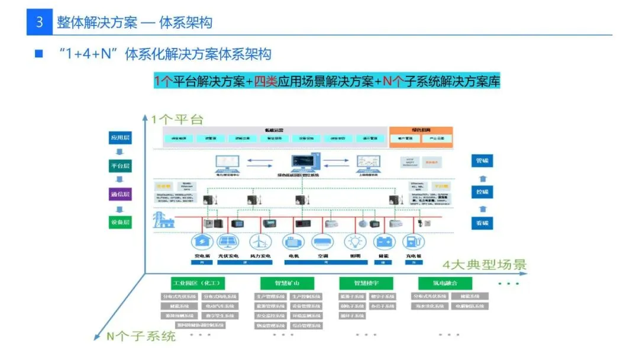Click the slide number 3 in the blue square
[x=40, y=22]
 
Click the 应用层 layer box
[x=120, y=138]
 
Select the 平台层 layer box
[x=120, y=166]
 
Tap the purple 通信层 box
[x=120, y=194]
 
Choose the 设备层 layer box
[x=120, y=223]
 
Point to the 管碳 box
[x=483, y=161]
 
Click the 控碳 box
[x=483, y=192]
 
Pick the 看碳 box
[x=483, y=223]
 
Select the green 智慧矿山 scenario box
[x=287, y=283]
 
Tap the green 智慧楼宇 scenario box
[x=366, y=283]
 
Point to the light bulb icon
[x=355, y=242]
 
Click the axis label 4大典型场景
[x=485, y=264]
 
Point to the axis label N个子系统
[x=141, y=336]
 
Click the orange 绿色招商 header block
[x=421, y=130]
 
